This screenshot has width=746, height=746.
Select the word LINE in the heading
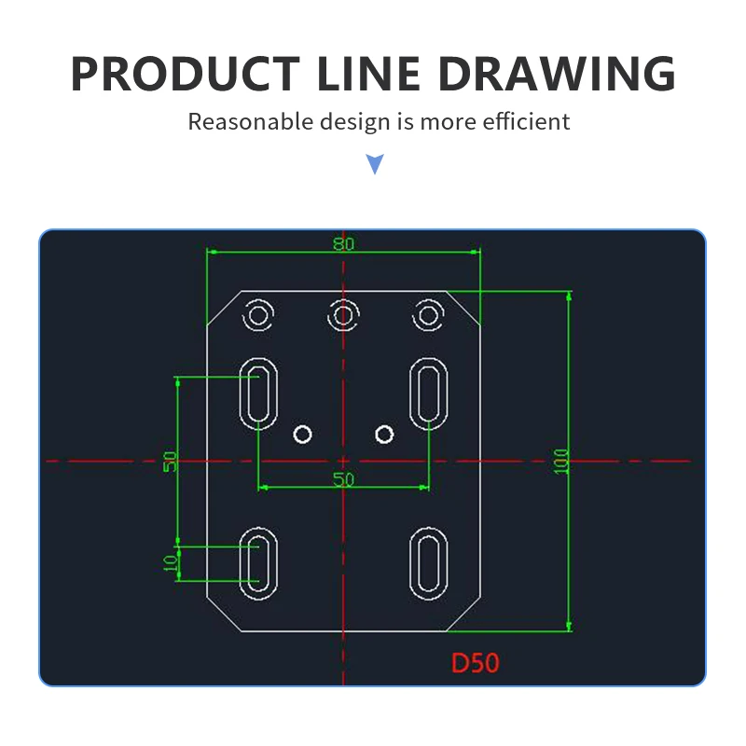point(375,74)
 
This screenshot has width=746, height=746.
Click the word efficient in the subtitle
point(530,121)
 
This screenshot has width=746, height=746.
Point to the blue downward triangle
point(375,165)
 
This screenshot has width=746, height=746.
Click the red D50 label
point(476,663)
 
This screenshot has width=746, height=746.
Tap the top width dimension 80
point(343,243)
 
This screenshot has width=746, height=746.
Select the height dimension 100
point(561,461)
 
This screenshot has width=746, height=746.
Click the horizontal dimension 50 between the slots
point(343,479)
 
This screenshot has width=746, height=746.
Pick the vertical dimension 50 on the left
point(171,461)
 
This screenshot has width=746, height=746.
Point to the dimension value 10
point(171,563)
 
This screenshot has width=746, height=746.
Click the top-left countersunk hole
point(258,315)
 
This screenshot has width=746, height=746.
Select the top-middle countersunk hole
point(343,315)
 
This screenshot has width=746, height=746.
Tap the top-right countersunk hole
point(428,315)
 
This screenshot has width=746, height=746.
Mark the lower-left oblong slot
point(258,563)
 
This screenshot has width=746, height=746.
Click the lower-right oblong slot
point(428,563)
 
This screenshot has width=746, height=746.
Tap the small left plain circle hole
point(302,433)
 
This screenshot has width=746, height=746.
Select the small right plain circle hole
point(384,433)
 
